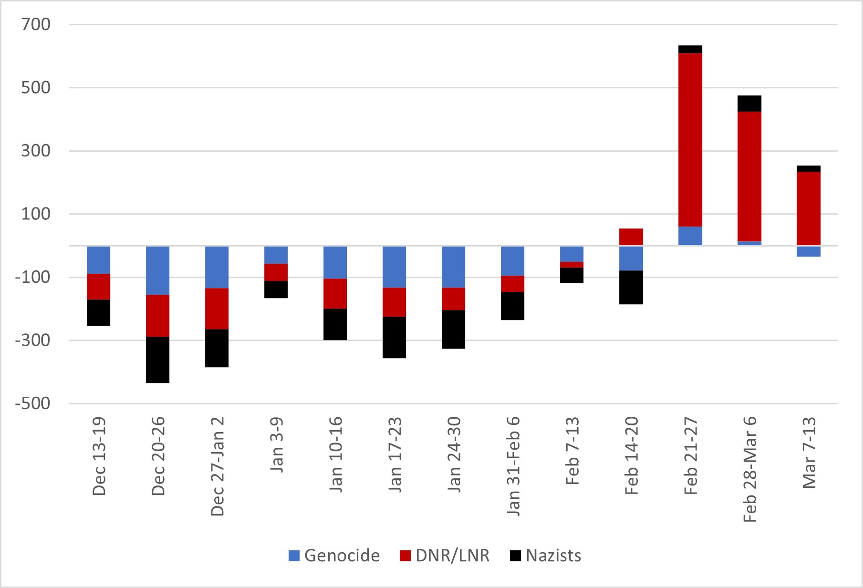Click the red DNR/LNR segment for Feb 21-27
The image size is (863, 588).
pyautogui.click(x=690, y=140)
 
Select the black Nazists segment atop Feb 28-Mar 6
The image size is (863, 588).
pyautogui.click(x=749, y=103)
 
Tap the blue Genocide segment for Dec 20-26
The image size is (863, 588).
pyautogui.click(x=157, y=270)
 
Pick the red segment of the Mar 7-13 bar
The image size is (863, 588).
pyautogui.click(x=808, y=208)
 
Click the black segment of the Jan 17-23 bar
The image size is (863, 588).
pyautogui.click(x=394, y=337)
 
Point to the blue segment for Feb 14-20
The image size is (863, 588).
pyautogui.click(x=631, y=258)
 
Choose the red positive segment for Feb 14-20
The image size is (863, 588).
pyautogui.click(x=631, y=237)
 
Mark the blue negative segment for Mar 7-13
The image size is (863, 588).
pyautogui.click(x=808, y=251)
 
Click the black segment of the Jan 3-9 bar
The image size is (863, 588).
pyautogui.click(x=276, y=289)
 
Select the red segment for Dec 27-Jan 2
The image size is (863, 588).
pyautogui.click(x=217, y=309)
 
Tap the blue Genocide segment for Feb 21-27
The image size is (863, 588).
pyautogui.click(x=690, y=236)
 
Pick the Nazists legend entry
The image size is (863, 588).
pyautogui.click(x=545, y=556)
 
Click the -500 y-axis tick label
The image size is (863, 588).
pyautogui.click(x=32, y=403)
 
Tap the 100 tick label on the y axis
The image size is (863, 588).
pyautogui.click(x=36, y=214)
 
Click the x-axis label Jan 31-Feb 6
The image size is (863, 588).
pyautogui.click(x=513, y=465)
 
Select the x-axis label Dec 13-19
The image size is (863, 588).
pyautogui.click(x=99, y=456)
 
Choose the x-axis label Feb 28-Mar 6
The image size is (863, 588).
pyautogui.click(x=750, y=469)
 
